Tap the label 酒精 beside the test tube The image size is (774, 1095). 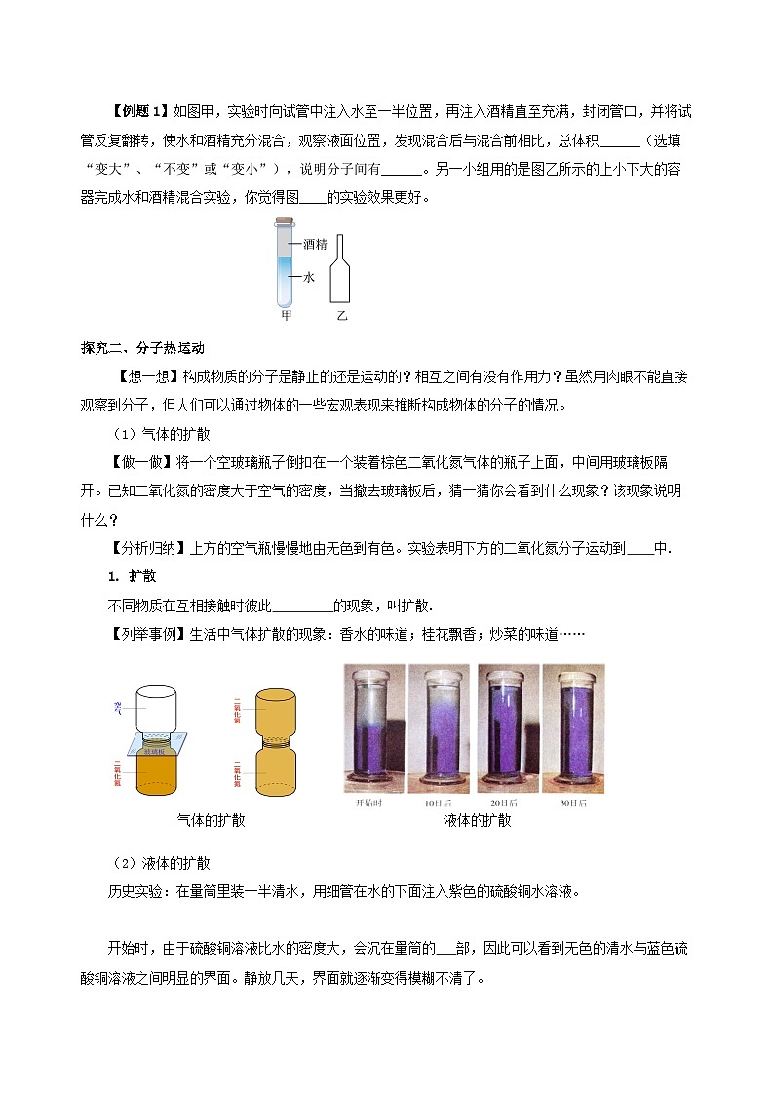coord(314,244)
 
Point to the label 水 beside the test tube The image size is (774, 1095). coord(309,277)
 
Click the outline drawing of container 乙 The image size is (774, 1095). coord(340,270)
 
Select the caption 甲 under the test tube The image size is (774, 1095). coord(286,316)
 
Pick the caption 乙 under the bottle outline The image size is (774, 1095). coord(341,316)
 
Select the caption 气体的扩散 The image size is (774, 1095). coord(212,820)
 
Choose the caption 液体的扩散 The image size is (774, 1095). coord(477,820)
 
